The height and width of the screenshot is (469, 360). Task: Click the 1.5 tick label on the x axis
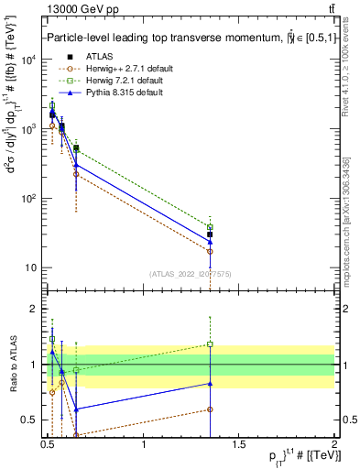coord(239,444)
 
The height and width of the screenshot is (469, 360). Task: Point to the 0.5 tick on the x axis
coord(48,444)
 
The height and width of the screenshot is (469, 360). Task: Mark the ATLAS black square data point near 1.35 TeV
coord(210,234)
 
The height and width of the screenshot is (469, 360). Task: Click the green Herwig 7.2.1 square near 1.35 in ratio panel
coord(210,344)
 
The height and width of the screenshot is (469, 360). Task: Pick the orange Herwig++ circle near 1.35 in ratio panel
coord(210,409)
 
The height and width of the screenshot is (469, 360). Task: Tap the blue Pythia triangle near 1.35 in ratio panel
coord(210,384)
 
